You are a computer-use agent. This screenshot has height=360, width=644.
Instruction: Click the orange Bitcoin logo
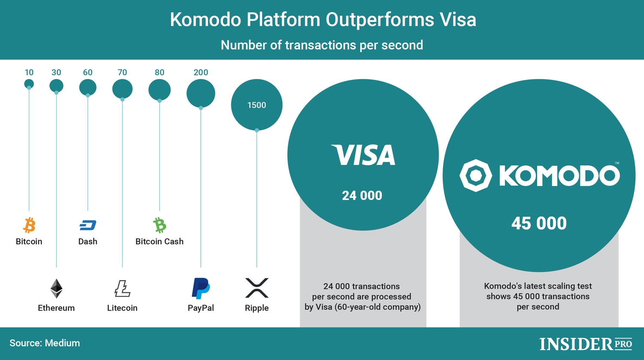(29, 225)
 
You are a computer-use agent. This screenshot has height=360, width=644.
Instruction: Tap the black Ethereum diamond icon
(56, 288)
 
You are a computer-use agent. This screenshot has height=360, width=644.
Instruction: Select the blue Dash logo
(88, 225)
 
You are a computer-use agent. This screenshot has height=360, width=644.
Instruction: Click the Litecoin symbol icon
(122, 288)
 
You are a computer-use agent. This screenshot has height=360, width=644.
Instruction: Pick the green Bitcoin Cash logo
(160, 225)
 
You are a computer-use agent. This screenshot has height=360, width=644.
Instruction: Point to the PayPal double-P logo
(200, 288)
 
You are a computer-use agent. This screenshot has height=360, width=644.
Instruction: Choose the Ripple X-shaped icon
(257, 288)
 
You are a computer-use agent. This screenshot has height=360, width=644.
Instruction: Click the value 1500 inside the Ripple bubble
(257, 105)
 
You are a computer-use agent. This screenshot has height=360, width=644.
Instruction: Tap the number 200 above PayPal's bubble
(200, 72)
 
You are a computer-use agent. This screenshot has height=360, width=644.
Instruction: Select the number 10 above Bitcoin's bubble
(29, 72)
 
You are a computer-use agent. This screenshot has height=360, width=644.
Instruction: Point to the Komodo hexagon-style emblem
(476, 176)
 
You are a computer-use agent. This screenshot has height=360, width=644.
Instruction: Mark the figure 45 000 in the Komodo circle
(539, 223)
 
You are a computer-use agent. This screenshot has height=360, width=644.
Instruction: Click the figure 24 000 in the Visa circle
(362, 196)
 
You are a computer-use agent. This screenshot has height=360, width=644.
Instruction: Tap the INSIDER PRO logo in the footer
(586, 344)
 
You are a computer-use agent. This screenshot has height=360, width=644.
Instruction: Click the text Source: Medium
(45, 343)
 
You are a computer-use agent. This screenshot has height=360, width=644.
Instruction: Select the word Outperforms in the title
(380, 20)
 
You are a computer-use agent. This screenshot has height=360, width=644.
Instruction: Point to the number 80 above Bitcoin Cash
(160, 72)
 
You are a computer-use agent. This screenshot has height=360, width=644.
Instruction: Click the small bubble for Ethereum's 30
(56, 86)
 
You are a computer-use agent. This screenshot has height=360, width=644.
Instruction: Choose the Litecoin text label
(122, 308)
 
